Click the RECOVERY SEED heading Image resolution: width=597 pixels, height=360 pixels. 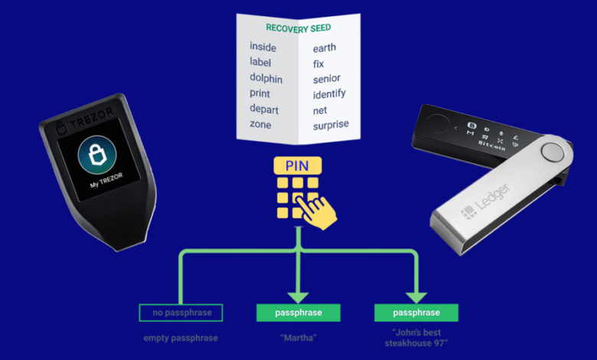coord(298,28)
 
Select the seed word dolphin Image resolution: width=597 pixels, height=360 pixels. coord(266,77)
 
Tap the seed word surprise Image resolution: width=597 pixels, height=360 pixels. coord(331,123)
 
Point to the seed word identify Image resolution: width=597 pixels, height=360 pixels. coord(329,93)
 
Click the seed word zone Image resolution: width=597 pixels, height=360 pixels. coord(260,124)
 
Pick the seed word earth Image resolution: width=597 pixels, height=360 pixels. coord(325,47)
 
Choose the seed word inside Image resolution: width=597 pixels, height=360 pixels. coord(263,47)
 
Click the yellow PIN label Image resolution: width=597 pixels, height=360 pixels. coord(298,165)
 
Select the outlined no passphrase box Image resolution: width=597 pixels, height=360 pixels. coord(181,313)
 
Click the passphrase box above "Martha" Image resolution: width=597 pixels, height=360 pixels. coord(298,313)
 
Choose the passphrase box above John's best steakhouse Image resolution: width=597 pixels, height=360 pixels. coord(416,313)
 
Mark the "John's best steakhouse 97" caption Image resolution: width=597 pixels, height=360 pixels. coord(416,338)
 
